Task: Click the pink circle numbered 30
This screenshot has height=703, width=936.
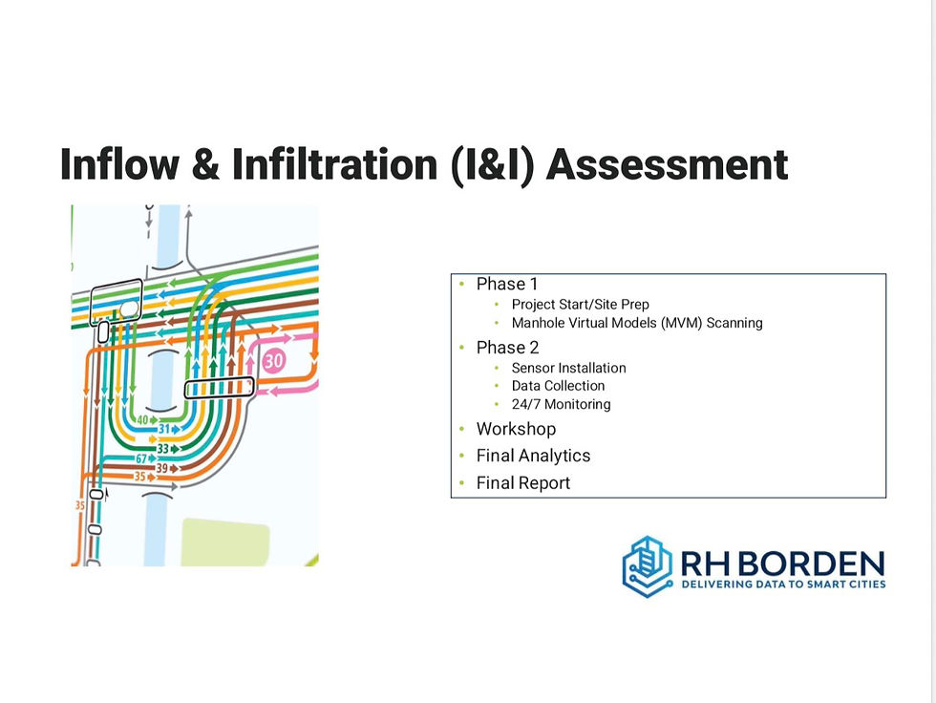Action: point(273,360)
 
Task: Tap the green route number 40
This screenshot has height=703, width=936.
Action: point(142,419)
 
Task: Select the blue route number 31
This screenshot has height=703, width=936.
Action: point(164,429)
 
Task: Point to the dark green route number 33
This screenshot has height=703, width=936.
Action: point(163,449)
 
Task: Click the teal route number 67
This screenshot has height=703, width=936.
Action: point(141,458)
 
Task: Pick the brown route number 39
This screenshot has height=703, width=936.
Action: point(161,468)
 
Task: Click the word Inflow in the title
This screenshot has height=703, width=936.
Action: point(119,163)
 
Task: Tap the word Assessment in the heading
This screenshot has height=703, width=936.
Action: point(668,164)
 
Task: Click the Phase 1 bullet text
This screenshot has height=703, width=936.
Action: point(507,284)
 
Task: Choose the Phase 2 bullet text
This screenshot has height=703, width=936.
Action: point(507,348)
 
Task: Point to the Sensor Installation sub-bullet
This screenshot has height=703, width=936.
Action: point(568,368)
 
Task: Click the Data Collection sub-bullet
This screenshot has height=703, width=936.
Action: point(558,386)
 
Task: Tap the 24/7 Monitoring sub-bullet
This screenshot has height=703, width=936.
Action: point(562,404)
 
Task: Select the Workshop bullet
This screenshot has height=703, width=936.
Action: point(516,429)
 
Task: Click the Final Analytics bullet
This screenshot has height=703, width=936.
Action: point(533,456)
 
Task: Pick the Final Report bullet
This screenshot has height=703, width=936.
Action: point(523,482)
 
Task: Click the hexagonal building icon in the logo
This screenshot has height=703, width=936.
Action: point(648,566)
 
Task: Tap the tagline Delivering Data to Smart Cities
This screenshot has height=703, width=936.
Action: point(783,584)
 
